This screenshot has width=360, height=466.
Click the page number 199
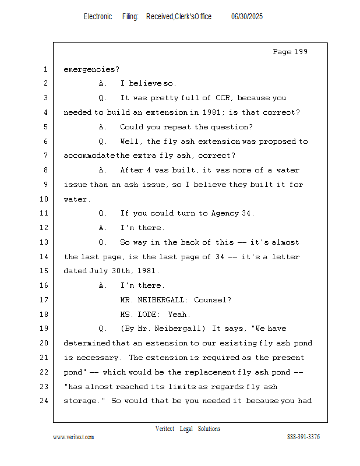tap(301, 52)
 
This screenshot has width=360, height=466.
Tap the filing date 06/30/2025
tap(247, 17)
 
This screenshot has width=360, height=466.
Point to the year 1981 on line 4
tap(211, 112)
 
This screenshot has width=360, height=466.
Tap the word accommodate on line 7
tap(89, 156)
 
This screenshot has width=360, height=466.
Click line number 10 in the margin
tap(44, 199)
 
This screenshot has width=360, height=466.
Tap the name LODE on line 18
tap(147, 315)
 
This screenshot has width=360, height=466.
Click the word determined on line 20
tap(87, 343)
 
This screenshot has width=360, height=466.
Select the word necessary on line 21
tap(97, 358)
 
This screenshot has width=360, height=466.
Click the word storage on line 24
tap(80, 401)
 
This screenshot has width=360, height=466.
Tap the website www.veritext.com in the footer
tap(73, 437)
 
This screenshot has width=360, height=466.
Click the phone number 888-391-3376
tap(303, 437)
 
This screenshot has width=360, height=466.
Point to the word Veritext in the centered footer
tap(165, 429)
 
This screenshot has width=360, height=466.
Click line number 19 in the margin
tap(44, 329)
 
